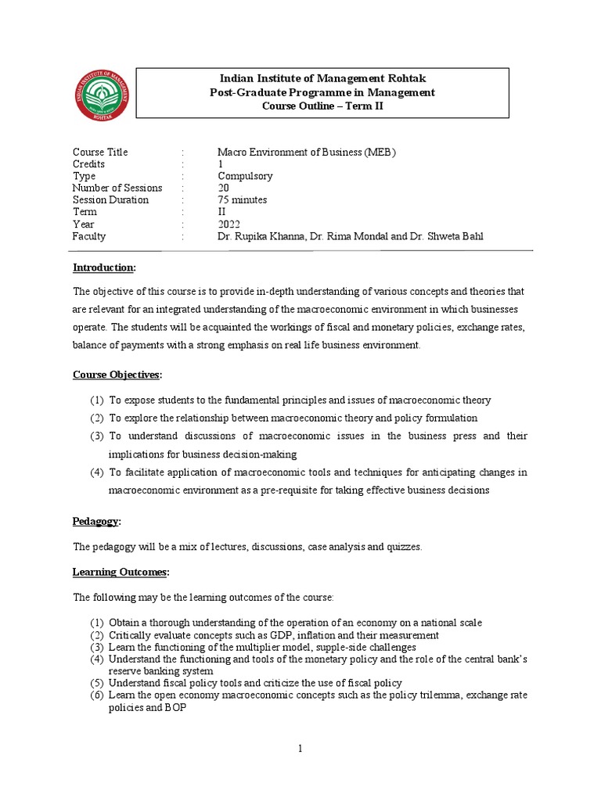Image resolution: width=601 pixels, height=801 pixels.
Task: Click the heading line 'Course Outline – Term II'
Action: point(322,107)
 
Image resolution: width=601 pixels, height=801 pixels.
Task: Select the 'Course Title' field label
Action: point(100,152)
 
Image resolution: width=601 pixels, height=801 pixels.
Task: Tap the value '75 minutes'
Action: point(243,199)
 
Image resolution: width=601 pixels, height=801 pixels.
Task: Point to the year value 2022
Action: point(229,224)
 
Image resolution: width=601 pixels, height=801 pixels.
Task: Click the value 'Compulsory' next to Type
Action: point(244,176)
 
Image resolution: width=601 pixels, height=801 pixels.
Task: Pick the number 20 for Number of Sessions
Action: point(224,188)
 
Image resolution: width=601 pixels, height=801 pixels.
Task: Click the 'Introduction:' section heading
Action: point(104,268)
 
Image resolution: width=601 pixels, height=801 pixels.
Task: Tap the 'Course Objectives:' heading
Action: point(117,375)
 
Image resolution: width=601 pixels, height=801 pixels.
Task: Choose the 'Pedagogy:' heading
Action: point(98,521)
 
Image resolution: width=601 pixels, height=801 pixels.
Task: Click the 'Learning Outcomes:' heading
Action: point(121,573)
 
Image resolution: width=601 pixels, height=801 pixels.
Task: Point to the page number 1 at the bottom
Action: point(300,749)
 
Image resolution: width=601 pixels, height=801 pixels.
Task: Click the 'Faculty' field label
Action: point(88,236)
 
